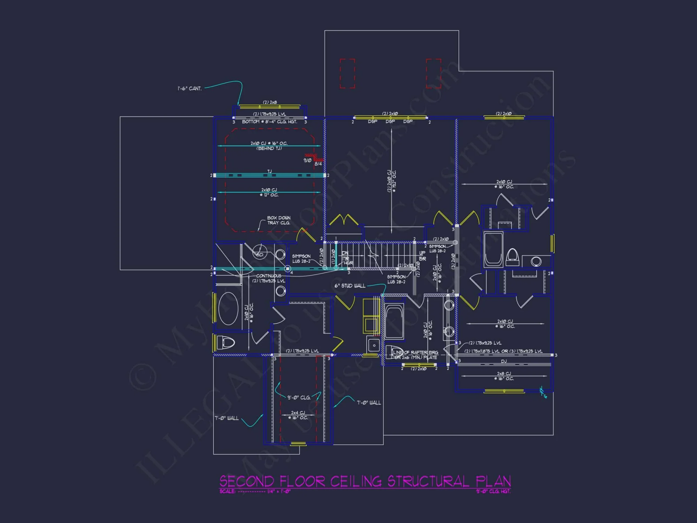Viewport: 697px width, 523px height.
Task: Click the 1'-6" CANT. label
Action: [190, 89]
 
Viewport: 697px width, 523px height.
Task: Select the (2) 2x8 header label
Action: [270, 102]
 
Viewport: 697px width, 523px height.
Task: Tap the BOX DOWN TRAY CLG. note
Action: [278, 220]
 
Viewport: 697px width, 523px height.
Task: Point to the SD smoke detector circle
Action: [260, 255]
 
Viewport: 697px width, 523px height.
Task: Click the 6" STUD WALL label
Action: [350, 286]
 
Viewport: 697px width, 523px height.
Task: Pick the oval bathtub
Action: [228, 309]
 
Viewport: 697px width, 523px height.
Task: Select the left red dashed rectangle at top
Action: [347, 74]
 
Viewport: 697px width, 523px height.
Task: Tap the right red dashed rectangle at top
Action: [434, 74]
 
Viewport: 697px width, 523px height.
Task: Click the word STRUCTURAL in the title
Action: [428, 482]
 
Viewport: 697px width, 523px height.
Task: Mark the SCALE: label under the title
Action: [227, 492]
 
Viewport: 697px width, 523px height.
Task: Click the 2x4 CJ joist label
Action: [298, 413]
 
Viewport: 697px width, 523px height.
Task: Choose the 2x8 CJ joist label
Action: [504, 374]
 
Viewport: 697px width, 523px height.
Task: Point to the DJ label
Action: [504, 361]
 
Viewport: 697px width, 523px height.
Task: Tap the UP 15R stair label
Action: [422, 256]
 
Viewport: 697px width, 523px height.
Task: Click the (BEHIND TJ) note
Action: [269, 149]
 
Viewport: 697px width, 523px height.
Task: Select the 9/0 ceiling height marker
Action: [307, 160]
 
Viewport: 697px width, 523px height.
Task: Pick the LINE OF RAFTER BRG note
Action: [416, 353]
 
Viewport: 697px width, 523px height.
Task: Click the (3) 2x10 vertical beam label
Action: [453, 261]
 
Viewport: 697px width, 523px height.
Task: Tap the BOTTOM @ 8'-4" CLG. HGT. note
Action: [269, 122]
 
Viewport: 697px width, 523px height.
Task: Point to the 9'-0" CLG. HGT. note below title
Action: [493, 492]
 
